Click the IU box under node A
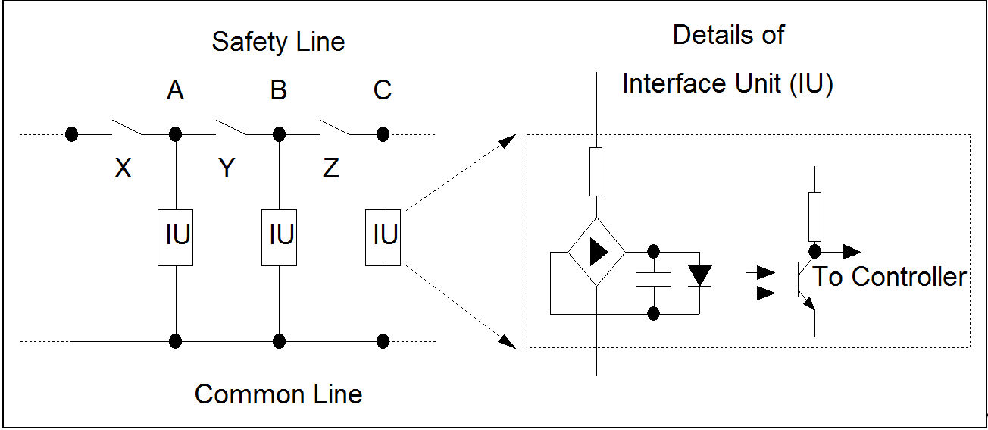click(175, 237)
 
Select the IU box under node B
click(279, 237)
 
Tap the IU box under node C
click(383, 237)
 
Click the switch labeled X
click(127, 127)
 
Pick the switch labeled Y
click(230, 127)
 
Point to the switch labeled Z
click(334, 127)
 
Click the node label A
click(175, 91)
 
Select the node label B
click(279, 91)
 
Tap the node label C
click(383, 91)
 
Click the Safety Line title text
click(278, 42)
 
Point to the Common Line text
click(278, 394)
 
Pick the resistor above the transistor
click(815, 215)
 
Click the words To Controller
click(890, 278)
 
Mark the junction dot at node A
click(175, 135)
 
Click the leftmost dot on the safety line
click(71, 135)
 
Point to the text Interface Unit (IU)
click(727, 83)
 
